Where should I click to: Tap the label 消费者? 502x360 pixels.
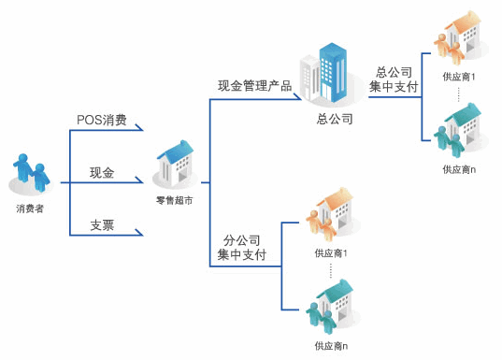[x=30, y=209]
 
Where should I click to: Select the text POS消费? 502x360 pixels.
[x=102, y=120]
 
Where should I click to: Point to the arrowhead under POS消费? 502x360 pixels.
[x=139, y=127]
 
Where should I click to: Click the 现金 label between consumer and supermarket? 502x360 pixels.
[x=102, y=173]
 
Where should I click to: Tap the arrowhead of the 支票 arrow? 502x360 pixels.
[x=139, y=233]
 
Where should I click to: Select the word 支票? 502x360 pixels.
[x=102, y=225]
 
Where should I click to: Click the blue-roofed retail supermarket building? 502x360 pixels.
[x=176, y=164]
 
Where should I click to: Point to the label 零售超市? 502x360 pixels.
[x=175, y=200]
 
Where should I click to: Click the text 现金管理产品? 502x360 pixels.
[x=255, y=86]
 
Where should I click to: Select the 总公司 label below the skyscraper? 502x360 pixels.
[x=335, y=119]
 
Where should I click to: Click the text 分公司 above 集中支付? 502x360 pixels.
[x=242, y=240]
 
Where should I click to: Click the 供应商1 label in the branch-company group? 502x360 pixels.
[x=331, y=253]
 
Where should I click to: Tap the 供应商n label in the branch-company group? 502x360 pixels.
[x=331, y=346]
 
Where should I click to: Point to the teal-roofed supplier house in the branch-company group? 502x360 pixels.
[x=331, y=305]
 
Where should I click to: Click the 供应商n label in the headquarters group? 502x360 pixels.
[x=459, y=169]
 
